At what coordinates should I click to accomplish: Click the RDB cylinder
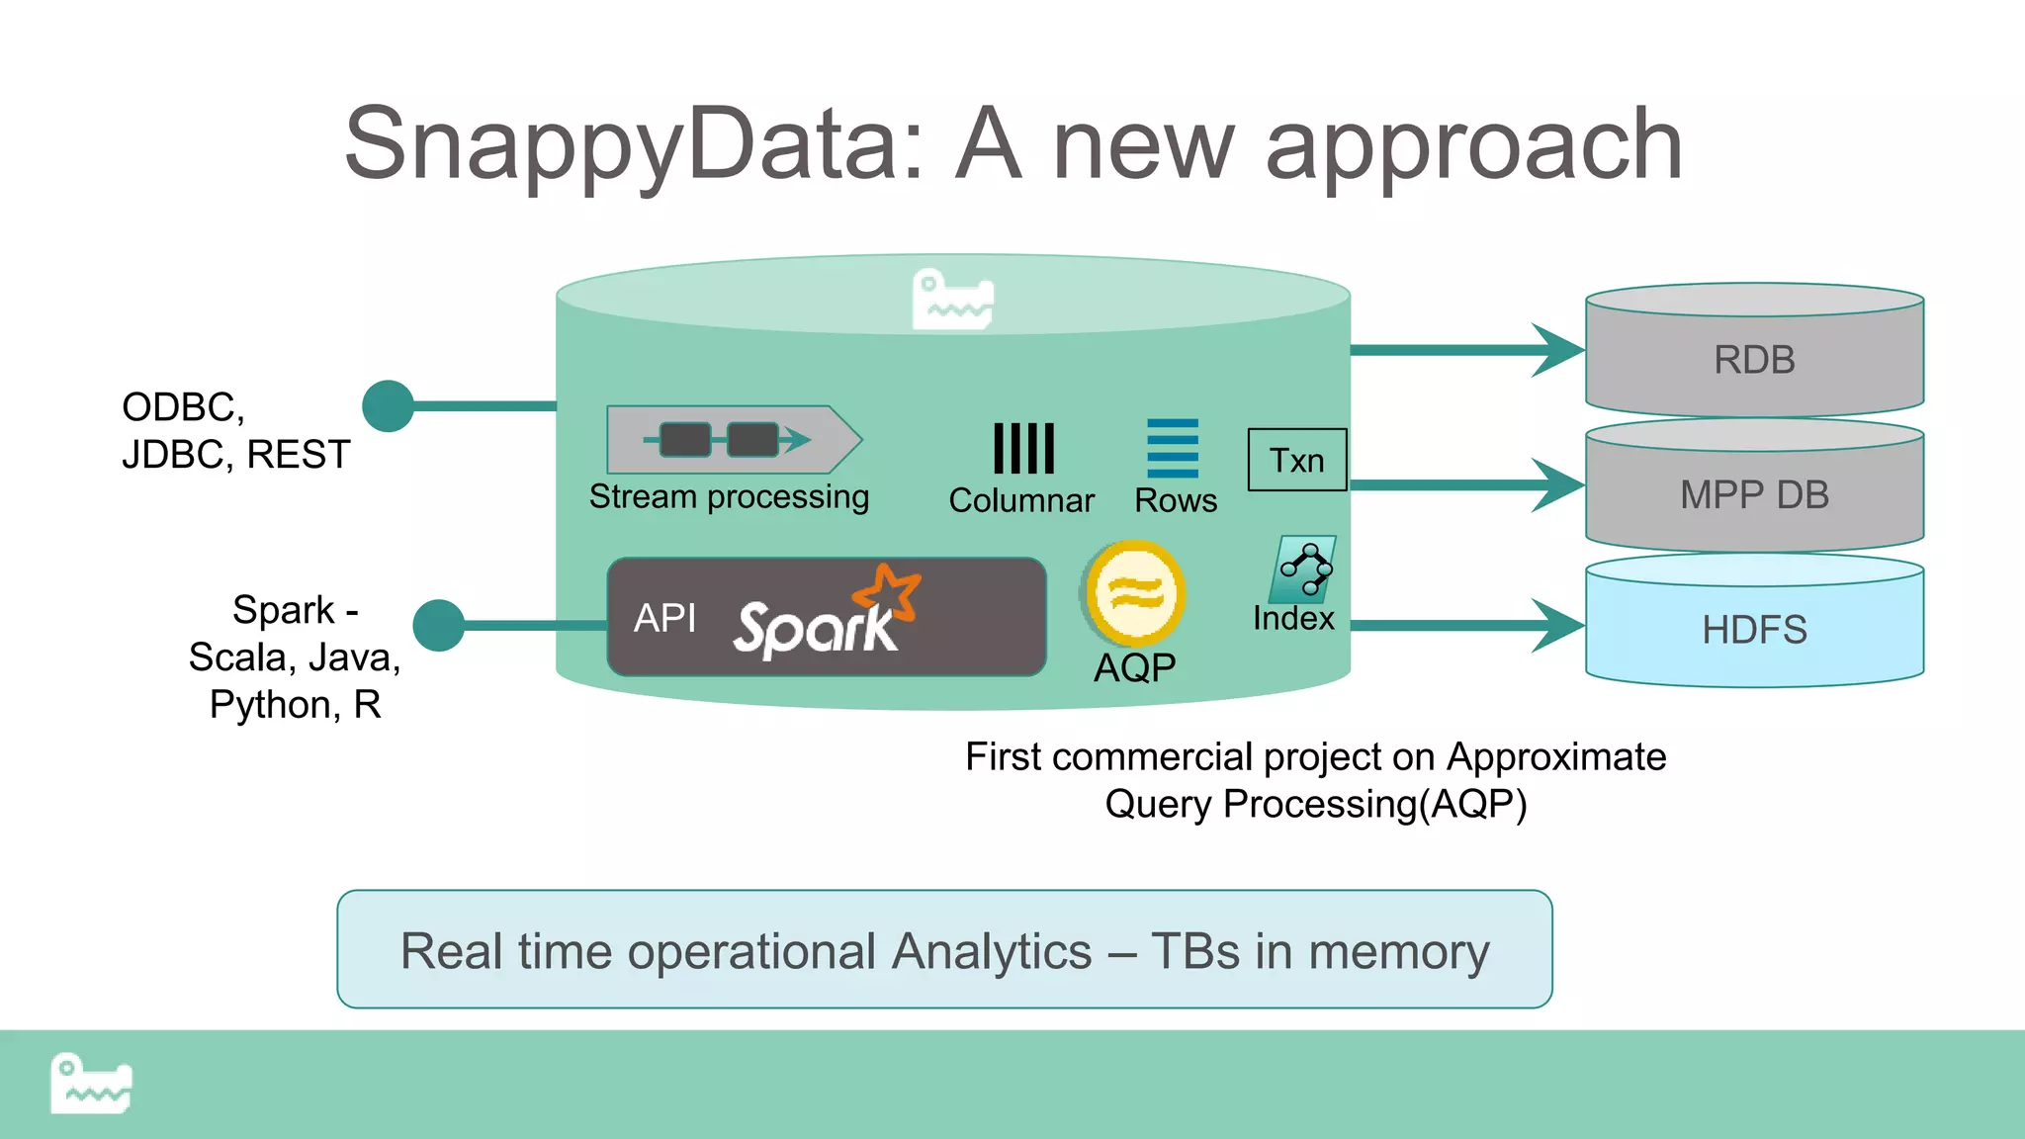1754,358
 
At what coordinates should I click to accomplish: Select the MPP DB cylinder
1754,493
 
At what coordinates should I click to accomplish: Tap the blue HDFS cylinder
1754,629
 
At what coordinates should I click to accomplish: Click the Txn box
1296,460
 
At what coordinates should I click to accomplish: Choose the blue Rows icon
1173,448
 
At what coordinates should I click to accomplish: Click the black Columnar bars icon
1023,449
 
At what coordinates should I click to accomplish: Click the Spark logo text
815,628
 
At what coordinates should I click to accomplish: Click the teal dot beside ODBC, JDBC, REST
388,405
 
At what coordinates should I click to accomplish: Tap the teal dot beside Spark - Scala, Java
438,625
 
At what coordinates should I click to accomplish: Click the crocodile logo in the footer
91,1084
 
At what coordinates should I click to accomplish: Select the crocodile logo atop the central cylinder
952,299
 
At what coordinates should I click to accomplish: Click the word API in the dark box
664,618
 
